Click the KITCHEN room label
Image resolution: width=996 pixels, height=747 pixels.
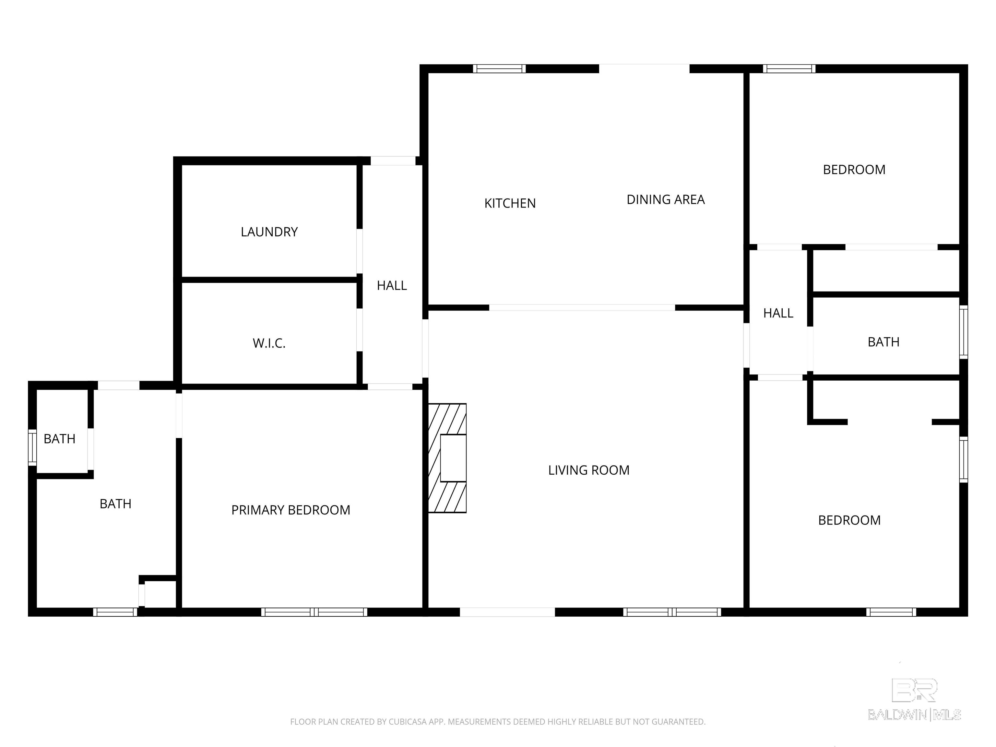tap(510, 204)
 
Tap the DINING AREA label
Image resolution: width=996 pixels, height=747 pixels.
tap(666, 199)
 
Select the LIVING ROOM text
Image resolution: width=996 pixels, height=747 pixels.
tap(588, 470)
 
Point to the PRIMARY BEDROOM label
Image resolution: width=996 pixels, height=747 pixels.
tap(290, 510)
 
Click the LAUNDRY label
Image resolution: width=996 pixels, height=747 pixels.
tap(269, 232)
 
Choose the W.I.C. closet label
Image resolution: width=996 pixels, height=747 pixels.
tap(269, 343)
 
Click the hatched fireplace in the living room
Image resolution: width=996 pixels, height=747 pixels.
tap(447, 458)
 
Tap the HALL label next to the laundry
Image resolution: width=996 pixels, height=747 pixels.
tap(392, 285)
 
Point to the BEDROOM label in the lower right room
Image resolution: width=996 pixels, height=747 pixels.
tap(849, 520)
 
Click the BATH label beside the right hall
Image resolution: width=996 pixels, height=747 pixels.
tap(883, 342)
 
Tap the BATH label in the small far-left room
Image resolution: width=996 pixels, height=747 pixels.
tap(59, 439)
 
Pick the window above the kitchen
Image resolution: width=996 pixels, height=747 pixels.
tap(499, 69)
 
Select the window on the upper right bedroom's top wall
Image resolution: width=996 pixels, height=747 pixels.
tap(789, 69)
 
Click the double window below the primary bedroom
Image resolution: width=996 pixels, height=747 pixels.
tap(314, 612)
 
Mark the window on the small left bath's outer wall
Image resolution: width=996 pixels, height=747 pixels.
tap(32, 447)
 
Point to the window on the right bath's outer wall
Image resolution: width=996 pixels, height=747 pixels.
tap(964, 332)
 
